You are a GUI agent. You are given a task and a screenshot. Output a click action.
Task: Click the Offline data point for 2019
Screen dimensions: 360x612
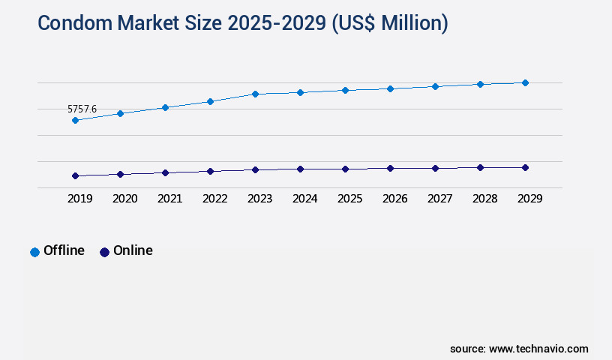click(x=75, y=120)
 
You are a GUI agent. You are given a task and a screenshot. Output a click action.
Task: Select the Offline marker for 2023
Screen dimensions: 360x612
click(x=255, y=94)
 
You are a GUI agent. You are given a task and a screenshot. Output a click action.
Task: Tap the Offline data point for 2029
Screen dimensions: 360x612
click(x=525, y=82)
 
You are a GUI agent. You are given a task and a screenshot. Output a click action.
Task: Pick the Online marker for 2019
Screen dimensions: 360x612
click(x=75, y=175)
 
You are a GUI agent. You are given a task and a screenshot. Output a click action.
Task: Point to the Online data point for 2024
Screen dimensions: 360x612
click(x=300, y=169)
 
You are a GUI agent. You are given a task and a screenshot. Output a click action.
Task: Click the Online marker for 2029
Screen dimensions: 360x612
click(x=525, y=167)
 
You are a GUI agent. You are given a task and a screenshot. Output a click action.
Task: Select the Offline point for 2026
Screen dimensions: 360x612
click(x=390, y=88)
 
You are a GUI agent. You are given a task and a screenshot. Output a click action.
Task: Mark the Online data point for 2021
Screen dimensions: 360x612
click(x=165, y=172)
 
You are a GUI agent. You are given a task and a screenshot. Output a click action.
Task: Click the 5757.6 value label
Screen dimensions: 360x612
click(x=82, y=109)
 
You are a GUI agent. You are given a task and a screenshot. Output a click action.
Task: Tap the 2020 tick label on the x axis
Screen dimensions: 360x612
click(x=124, y=199)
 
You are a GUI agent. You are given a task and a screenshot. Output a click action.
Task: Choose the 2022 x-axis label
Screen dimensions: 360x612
click(x=214, y=199)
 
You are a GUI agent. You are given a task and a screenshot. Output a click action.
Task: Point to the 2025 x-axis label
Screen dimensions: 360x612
click(x=349, y=199)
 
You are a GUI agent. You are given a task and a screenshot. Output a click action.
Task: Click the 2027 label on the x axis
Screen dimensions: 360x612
click(x=439, y=199)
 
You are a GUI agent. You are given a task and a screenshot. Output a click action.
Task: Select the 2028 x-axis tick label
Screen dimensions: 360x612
click(x=484, y=199)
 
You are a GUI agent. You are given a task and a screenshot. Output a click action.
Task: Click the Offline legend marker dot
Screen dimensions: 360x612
click(x=34, y=252)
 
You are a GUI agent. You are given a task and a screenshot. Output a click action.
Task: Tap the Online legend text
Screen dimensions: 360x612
click(x=133, y=250)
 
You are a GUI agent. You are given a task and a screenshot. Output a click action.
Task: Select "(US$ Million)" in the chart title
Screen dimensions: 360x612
click(x=389, y=23)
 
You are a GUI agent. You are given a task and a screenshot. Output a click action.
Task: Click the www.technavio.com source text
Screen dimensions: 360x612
click(x=538, y=349)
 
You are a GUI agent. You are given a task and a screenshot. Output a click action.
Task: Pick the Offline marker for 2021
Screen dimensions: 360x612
click(x=165, y=107)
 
